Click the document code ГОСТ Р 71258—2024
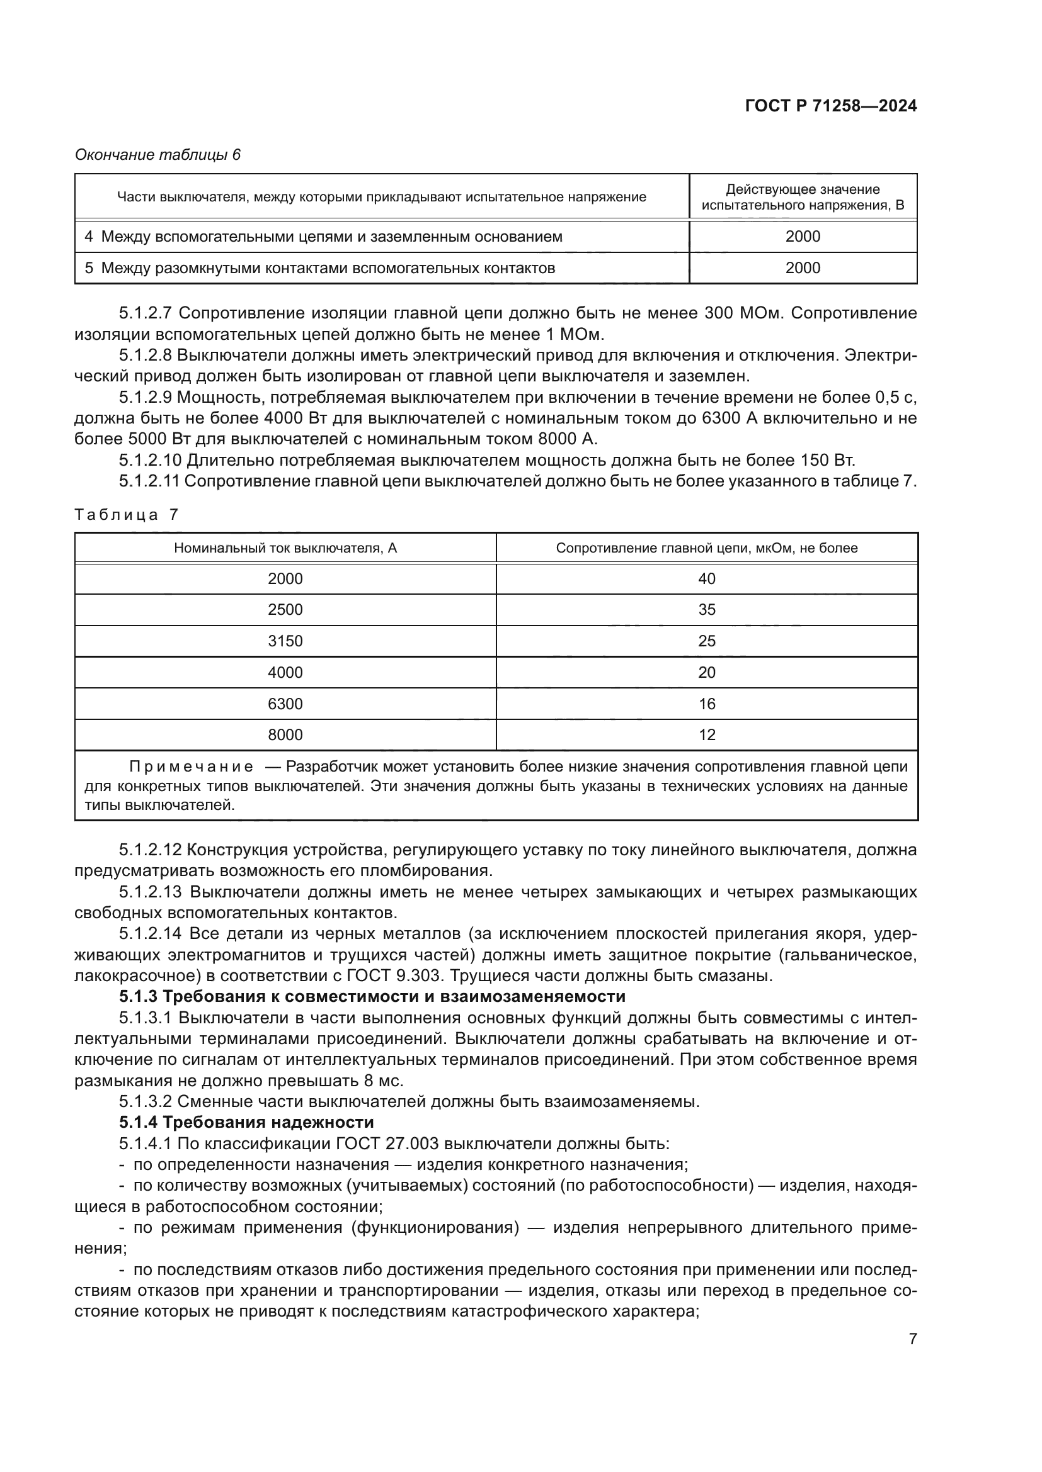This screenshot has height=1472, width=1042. [x=831, y=106]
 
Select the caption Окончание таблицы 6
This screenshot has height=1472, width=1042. [x=158, y=155]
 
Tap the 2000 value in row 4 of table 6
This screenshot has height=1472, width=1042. [x=803, y=237]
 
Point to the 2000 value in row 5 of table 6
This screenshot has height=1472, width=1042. [x=803, y=268]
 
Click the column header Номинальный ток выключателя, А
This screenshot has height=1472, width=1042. [x=285, y=548]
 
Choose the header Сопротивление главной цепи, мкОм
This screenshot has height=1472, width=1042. [x=706, y=548]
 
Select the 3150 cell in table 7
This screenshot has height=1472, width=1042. [x=285, y=641]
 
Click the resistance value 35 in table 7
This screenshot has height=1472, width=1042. [x=706, y=610]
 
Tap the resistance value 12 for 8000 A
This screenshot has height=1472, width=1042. [x=706, y=734]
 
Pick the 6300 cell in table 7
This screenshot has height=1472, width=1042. [x=285, y=704]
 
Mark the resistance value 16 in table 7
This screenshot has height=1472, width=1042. [x=706, y=704]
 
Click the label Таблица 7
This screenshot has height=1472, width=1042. [x=127, y=515]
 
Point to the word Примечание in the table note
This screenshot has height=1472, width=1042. [x=192, y=767]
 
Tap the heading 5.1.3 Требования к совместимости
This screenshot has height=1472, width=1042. [x=372, y=996]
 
